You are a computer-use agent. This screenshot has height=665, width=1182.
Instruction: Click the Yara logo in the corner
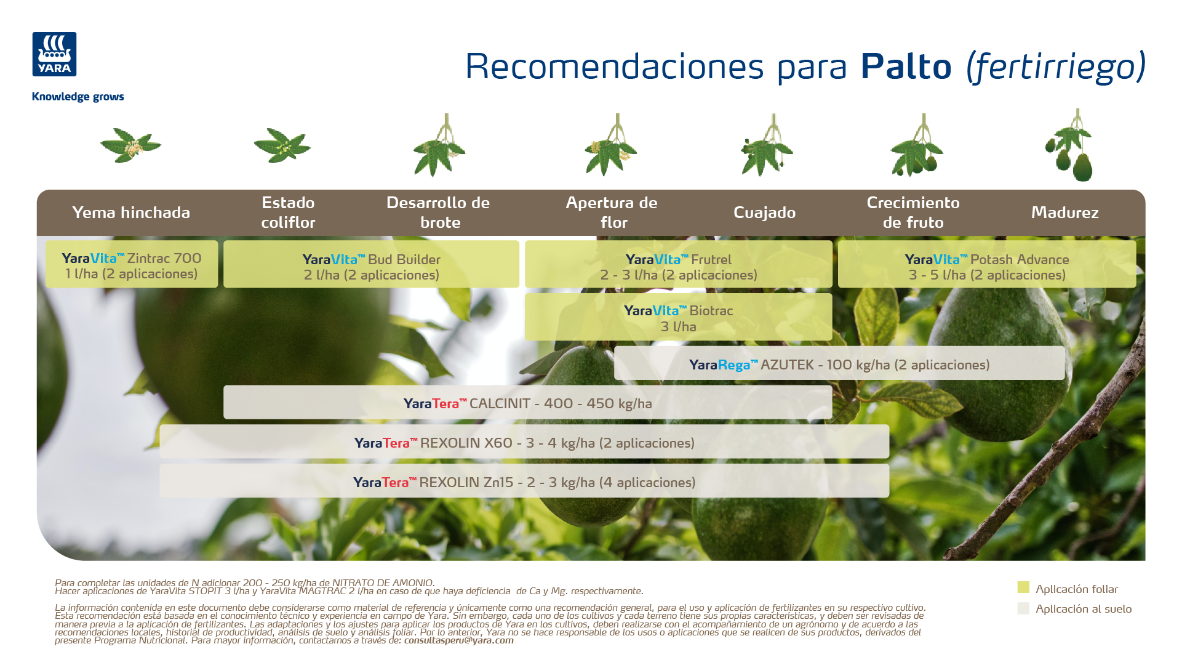click(x=54, y=54)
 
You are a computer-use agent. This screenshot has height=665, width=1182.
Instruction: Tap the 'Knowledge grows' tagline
click(x=78, y=97)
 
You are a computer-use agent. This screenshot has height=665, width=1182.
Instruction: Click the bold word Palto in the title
click(x=906, y=66)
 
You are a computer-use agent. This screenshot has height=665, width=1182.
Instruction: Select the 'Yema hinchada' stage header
click(x=131, y=212)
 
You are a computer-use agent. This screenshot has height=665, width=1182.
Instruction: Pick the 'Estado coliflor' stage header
click(x=288, y=212)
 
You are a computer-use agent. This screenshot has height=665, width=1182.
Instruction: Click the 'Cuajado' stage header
click(x=765, y=213)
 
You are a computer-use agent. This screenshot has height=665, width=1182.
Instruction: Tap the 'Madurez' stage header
click(x=1065, y=212)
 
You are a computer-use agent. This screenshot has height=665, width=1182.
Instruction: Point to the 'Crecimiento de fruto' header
click(x=913, y=212)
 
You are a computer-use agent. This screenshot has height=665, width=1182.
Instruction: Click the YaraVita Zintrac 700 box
click(x=132, y=264)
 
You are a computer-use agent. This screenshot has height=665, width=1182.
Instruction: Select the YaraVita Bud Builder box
click(x=372, y=264)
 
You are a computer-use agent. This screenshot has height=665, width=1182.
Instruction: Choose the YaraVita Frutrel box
click(x=679, y=264)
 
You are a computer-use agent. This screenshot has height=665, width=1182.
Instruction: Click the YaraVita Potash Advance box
click(x=987, y=264)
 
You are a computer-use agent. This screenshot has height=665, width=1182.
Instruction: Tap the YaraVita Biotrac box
click(x=679, y=317)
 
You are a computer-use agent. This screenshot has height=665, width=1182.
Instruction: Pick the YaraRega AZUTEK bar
click(x=839, y=363)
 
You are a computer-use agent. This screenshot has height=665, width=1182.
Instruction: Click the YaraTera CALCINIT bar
click(x=528, y=403)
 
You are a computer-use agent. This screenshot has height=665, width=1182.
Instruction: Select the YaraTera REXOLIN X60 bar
click(x=524, y=442)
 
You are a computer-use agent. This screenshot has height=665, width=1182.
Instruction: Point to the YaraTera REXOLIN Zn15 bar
click(x=524, y=481)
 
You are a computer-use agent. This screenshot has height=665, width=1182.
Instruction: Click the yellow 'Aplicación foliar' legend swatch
click(x=1023, y=587)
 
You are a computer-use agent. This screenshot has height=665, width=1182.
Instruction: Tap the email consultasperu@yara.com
click(x=459, y=640)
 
